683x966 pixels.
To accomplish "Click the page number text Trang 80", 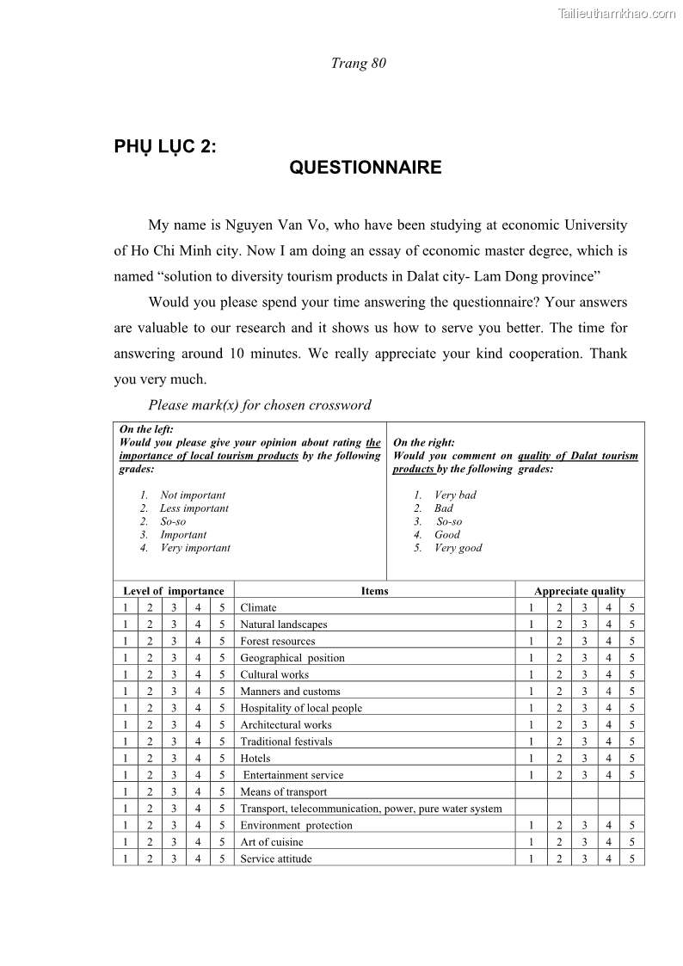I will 359,63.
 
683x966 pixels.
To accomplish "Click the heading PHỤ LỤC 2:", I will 165,146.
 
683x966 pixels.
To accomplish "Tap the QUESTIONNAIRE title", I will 366,168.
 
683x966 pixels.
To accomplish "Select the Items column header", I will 374,591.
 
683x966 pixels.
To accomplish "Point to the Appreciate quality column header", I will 580,591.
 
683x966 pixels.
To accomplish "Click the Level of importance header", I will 173,591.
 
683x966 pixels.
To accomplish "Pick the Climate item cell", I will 258,607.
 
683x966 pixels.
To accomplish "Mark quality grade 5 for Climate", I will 632,607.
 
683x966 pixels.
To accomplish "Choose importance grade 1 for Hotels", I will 125,758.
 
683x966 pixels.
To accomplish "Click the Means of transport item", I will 283,791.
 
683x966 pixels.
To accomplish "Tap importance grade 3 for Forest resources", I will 174,641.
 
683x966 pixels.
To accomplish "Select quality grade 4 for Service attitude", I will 608,858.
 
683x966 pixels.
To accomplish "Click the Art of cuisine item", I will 271,842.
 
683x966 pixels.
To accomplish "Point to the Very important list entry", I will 195,548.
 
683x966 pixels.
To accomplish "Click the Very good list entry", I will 458,548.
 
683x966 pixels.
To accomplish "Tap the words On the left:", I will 146,429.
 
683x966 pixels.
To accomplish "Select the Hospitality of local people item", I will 301,708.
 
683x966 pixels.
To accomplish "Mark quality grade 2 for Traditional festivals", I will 559,741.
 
